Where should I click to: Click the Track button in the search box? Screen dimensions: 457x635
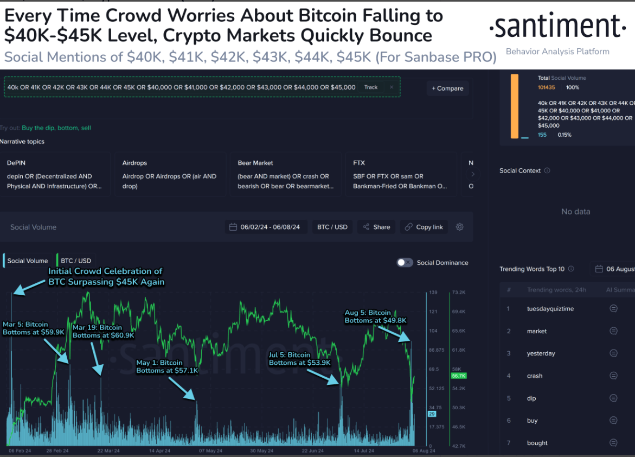371,87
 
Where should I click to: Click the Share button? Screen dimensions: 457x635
376,227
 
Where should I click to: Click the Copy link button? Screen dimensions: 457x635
424,227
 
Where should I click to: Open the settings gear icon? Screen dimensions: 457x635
460,227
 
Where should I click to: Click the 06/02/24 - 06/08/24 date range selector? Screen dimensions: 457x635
268,227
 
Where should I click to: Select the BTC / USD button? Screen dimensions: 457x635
332,227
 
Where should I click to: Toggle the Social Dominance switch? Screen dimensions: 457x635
405,263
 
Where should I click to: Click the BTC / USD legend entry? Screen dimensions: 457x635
74,261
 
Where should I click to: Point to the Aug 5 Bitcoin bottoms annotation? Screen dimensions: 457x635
375,316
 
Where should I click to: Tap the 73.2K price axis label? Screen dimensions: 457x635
459,293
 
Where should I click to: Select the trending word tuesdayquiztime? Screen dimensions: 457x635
550,309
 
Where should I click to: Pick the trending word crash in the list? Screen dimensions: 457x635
535,376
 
